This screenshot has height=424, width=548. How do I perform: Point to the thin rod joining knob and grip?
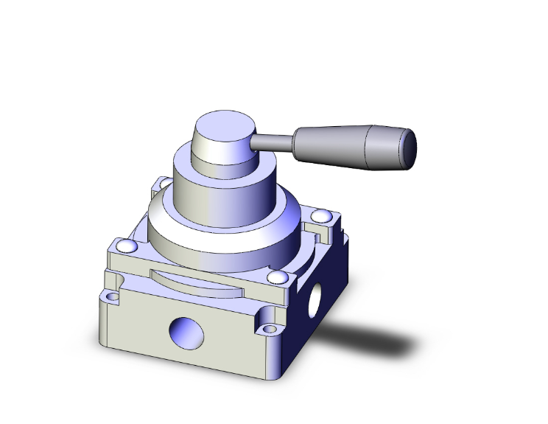coord(273,141)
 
